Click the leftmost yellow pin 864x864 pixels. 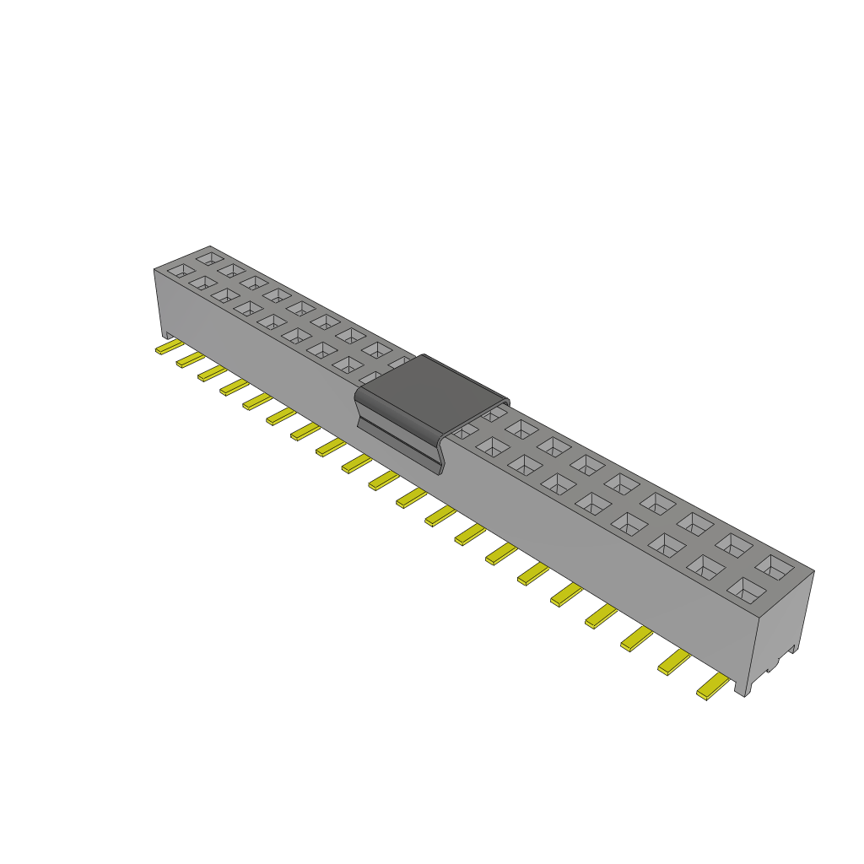[168, 347]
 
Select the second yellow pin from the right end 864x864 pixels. [675, 662]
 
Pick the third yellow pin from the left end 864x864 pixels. [211, 373]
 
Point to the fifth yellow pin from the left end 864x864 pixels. [256, 401]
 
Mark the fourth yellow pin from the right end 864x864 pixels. [601, 616]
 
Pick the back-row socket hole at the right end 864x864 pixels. [775, 565]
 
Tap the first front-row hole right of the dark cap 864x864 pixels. [491, 445]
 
